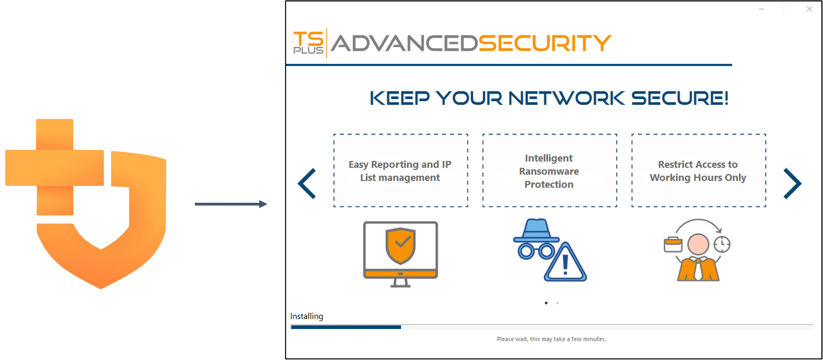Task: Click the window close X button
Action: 809,9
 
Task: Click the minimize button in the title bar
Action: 762,9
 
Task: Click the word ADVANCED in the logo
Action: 404,43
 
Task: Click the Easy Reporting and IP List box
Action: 401,171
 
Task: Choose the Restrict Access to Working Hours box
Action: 698,171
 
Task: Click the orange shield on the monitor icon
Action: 400,245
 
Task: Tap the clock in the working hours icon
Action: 722,244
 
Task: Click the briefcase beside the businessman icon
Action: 673,245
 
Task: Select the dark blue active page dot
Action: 546,303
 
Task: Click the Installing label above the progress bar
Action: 306,316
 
